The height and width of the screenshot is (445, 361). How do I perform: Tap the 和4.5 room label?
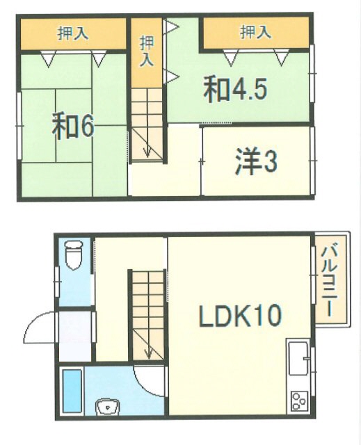click(235, 90)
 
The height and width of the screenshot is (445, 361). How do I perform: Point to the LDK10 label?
click(240, 316)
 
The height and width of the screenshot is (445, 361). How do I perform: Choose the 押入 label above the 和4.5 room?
click(255, 32)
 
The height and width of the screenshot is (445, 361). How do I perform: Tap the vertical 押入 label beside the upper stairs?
click(146, 51)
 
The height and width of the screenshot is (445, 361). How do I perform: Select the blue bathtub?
click(72, 391)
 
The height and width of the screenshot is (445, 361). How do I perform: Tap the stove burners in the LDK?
click(300, 400)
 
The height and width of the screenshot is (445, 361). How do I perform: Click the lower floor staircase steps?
click(147, 306)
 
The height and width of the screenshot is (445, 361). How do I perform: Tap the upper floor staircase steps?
click(147, 118)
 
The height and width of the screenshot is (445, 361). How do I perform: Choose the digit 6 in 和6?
click(87, 127)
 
